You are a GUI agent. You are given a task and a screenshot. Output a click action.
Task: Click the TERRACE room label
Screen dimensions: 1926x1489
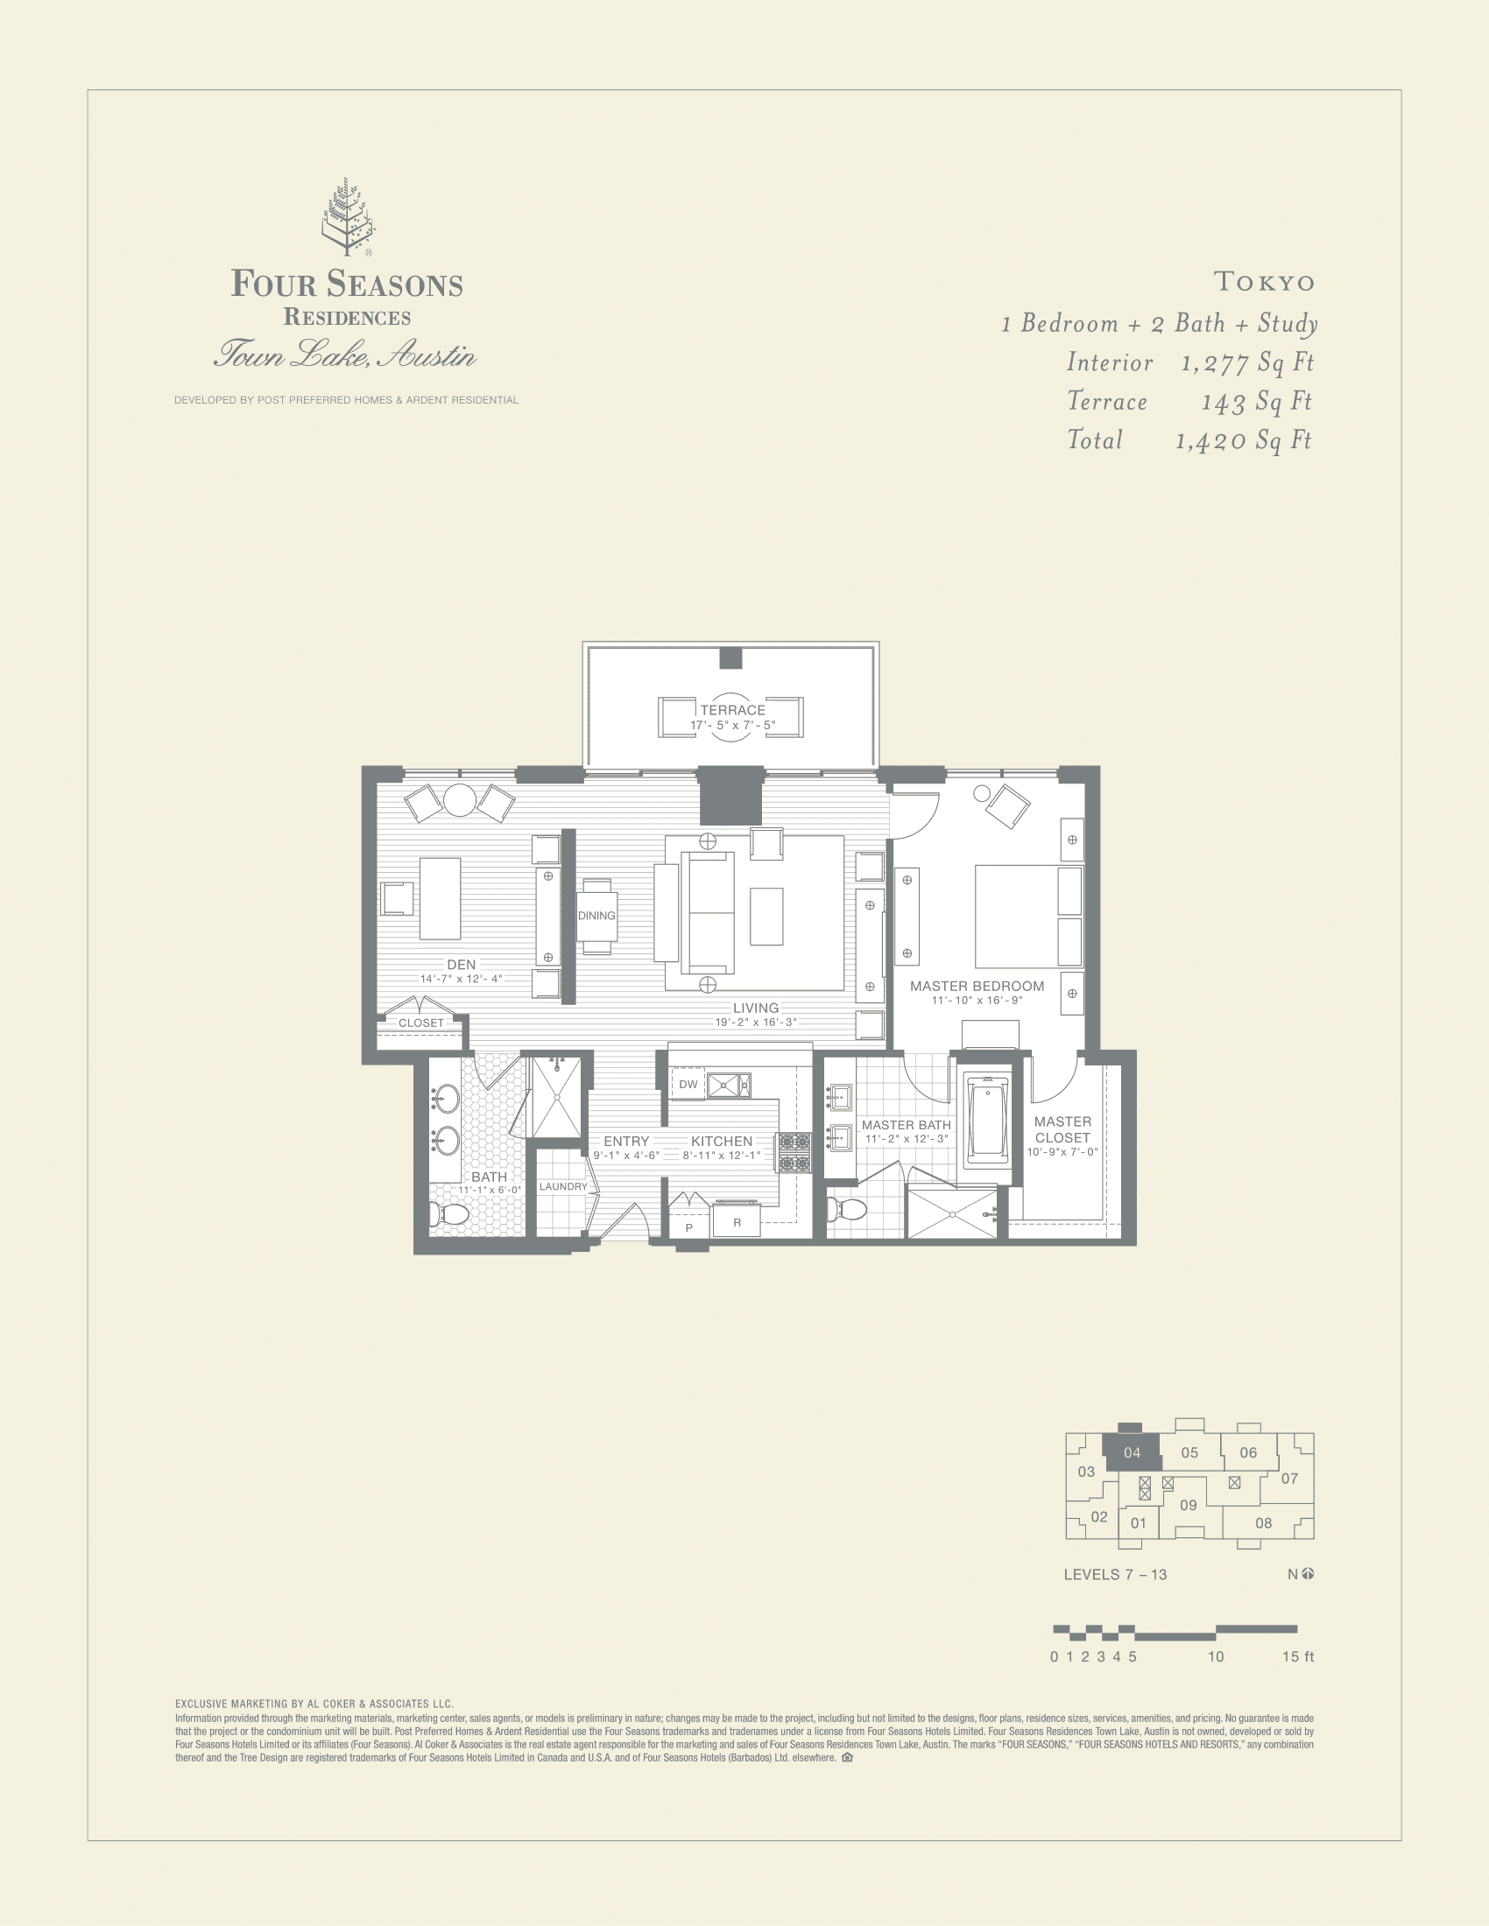coord(732,710)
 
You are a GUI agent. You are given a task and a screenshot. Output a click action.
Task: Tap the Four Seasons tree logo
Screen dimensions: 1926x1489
coord(347,216)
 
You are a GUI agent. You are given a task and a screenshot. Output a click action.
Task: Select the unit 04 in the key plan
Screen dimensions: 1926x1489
coord(1132,1452)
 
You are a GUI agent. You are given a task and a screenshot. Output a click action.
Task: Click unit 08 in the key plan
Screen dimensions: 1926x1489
coord(1263,1523)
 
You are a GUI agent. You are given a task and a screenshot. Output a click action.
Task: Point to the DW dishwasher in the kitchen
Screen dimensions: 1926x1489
coord(688,1085)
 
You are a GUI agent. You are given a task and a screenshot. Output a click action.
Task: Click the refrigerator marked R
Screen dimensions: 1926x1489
coord(737,1223)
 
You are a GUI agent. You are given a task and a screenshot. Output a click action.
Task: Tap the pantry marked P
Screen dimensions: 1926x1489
coord(689,1227)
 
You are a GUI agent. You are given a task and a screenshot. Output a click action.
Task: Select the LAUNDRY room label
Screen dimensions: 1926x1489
coord(563,1187)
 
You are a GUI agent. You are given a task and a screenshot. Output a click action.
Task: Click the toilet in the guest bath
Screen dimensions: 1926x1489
coord(451,1215)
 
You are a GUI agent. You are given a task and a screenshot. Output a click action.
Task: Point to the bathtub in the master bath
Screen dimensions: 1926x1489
coord(986,1121)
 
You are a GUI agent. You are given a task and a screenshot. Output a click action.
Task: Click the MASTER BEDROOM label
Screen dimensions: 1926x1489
coord(977,987)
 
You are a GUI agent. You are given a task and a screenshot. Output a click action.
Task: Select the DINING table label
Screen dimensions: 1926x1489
coord(596,916)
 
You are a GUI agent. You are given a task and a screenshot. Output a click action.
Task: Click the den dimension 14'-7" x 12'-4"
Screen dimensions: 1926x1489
coord(461,979)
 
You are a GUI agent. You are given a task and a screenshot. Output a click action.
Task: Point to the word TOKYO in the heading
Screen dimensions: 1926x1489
coord(1264,282)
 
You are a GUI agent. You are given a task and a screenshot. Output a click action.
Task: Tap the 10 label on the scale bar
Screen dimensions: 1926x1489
coord(1216,1657)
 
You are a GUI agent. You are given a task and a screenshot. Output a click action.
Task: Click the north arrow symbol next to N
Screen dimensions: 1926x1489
coord(1308,1574)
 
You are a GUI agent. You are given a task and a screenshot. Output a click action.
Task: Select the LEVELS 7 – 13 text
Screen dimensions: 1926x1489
coord(1115,1575)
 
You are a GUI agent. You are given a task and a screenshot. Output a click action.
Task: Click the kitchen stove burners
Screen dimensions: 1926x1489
coord(794,1153)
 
